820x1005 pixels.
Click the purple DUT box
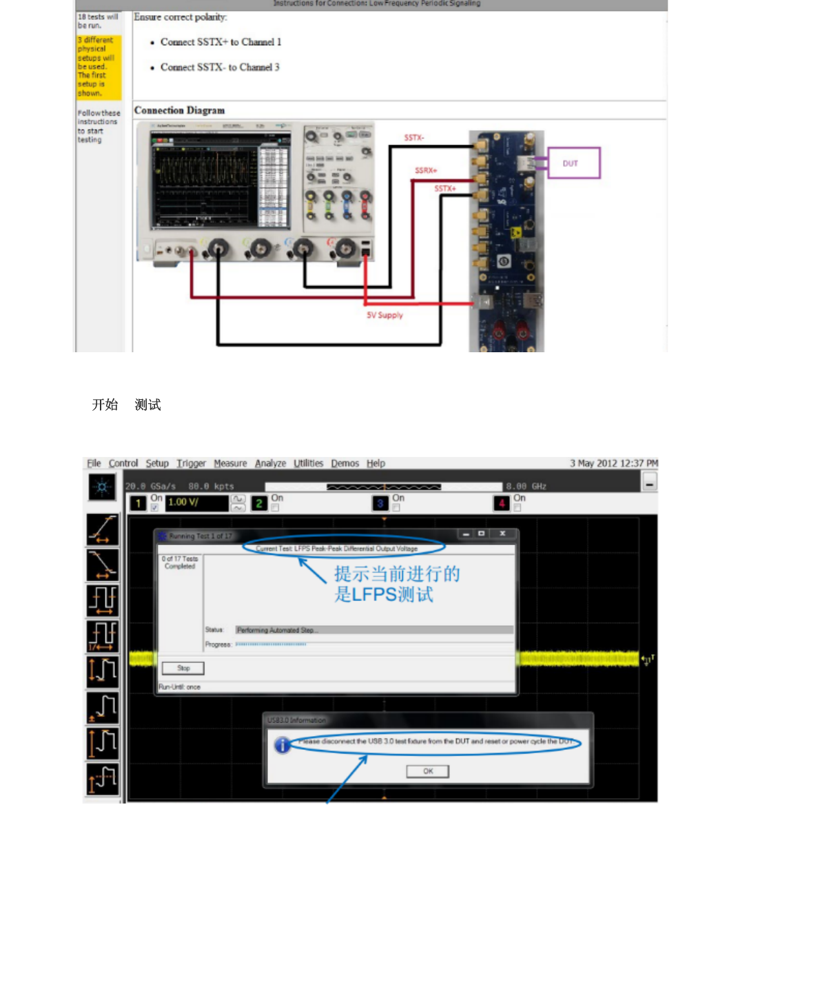[x=573, y=163]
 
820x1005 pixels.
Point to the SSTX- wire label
[x=414, y=138]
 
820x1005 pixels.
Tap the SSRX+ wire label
[x=426, y=170]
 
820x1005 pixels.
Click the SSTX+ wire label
[x=445, y=188]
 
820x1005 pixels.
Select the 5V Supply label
[x=385, y=315]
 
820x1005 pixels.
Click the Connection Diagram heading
[x=179, y=110]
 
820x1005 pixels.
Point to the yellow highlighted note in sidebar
[x=99, y=67]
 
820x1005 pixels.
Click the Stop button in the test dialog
[x=183, y=668]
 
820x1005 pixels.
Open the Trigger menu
[x=191, y=463]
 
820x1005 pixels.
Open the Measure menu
[x=230, y=463]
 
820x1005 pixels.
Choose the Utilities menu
[x=308, y=463]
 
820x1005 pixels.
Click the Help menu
[x=376, y=463]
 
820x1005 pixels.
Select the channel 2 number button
[x=259, y=503]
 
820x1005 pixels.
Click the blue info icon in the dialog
[x=282, y=745]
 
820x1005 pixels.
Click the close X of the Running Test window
[x=502, y=534]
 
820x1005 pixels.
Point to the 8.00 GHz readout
[x=526, y=486]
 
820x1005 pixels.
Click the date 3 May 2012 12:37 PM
[x=613, y=463]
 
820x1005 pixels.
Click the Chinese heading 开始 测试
[x=126, y=405]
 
